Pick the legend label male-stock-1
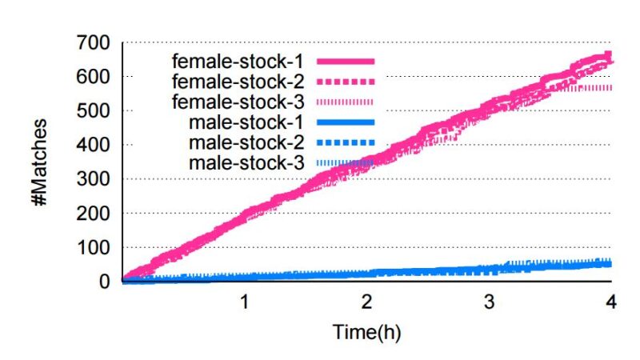(246, 122)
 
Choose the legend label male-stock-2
(246, 142)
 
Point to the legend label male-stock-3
(246, 163)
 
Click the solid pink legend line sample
(346, 61)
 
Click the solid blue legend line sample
(346, 122)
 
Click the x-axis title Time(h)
(366, 332)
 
